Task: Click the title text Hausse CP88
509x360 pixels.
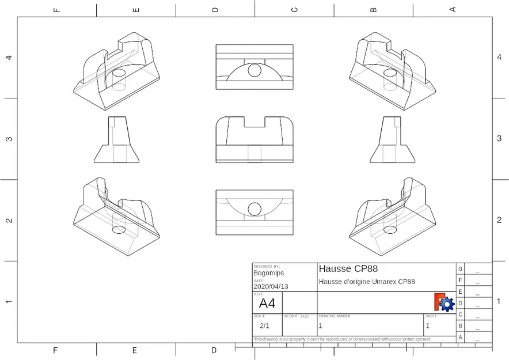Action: [348, 269]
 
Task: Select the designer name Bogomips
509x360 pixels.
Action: [268, 273]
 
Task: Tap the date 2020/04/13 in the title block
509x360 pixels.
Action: [271, 286]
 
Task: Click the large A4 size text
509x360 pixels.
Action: [267, 304]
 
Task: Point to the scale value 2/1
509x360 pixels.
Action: [265, 325]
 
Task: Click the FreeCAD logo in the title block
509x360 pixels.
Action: [444, 302]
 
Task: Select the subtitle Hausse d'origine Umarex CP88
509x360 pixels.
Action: [366, 282]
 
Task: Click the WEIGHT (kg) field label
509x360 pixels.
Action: [297, 316]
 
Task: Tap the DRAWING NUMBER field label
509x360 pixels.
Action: [335, 316]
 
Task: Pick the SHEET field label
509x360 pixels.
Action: [431, 316]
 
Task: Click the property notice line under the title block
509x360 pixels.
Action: [342, 339]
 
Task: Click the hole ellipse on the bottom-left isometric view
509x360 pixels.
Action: [119, 230]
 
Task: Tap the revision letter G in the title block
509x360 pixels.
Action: [459, 269]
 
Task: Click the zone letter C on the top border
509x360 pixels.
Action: [294, 9]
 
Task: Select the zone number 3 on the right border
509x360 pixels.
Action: [499, 139]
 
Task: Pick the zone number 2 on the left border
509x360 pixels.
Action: [9, 221]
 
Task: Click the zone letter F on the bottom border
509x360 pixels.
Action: [56, 350]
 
